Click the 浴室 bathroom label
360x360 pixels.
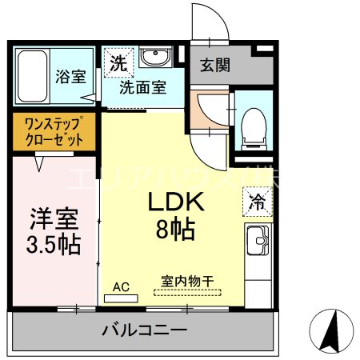(x=70, y=77)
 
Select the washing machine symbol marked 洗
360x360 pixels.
(x=118, y=61)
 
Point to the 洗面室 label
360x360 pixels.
(x=143, y=88)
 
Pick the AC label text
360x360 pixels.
(x=121, y=285)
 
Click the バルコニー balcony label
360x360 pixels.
(x=145, y=330)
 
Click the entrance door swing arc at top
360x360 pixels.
(x=210, y=20)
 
